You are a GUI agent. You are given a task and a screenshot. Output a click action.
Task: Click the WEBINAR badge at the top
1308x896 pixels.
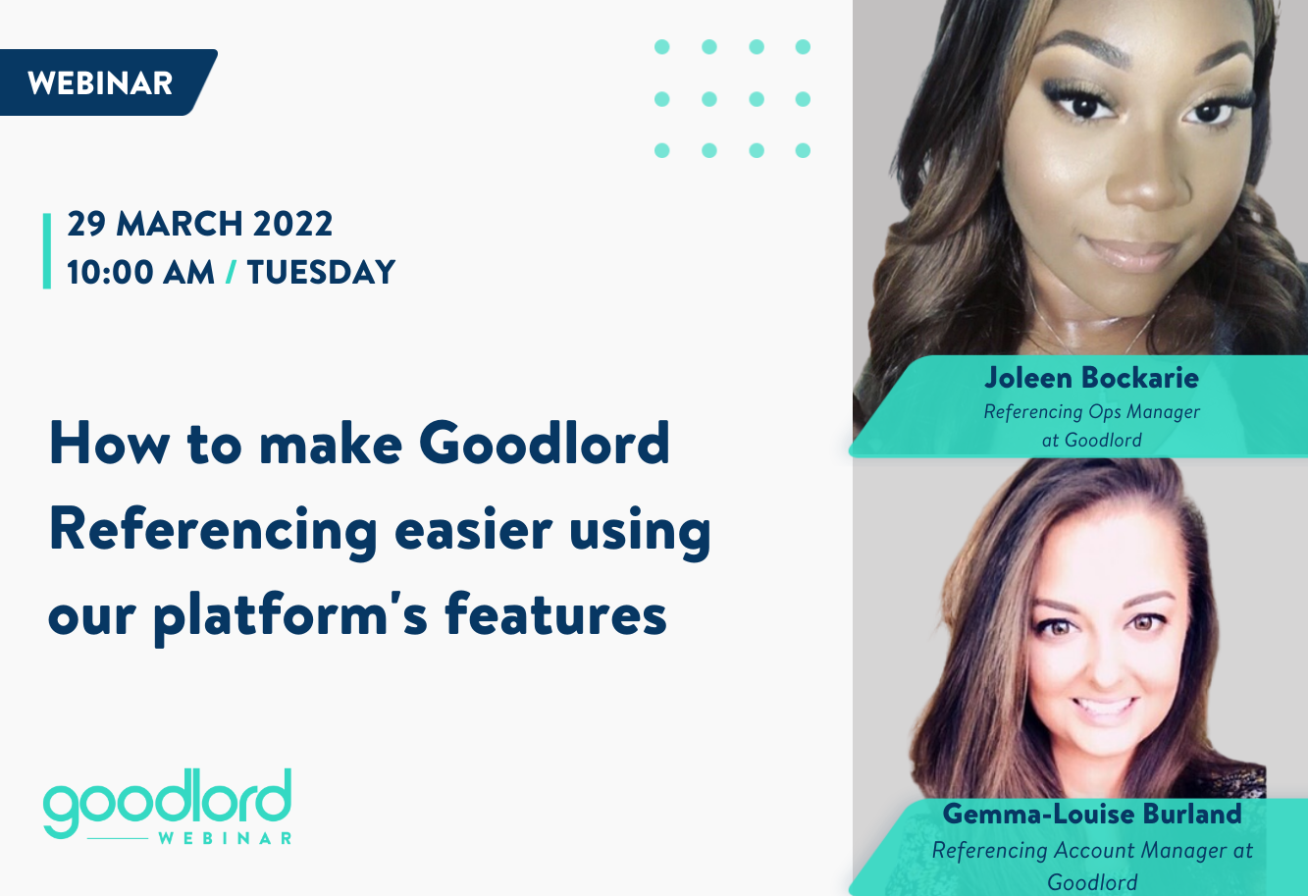click(101, 83)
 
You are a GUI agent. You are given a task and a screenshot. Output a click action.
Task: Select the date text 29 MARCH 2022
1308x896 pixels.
click(200, 224)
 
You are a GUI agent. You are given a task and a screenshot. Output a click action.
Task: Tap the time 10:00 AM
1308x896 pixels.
click(140, 272)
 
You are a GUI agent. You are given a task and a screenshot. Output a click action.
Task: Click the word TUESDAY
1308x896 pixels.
click(321, 272)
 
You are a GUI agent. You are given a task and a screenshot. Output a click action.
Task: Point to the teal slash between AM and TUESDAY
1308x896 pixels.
click(231, 272)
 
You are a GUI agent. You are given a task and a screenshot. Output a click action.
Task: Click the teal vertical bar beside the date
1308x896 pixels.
click(46, 250)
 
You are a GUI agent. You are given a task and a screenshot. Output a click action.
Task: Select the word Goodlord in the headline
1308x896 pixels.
click(545, 444)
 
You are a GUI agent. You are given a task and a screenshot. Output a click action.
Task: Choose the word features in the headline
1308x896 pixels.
click(555, 615)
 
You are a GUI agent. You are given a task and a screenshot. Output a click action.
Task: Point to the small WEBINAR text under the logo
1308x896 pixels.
click(225, 838)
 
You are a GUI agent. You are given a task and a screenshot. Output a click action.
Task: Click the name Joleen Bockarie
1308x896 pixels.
click(1091, 378)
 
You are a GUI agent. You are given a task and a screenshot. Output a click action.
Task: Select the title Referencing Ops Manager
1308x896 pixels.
click(1091, 412)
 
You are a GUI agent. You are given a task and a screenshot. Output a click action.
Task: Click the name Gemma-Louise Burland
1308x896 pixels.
click(1091, 814)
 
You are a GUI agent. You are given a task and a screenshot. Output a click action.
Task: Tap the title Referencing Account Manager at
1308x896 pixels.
click(1091, 850)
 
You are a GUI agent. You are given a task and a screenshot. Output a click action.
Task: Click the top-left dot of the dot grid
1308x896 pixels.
click(662, 46)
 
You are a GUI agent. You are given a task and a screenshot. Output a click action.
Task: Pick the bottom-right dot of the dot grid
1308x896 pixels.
click(803, 150)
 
